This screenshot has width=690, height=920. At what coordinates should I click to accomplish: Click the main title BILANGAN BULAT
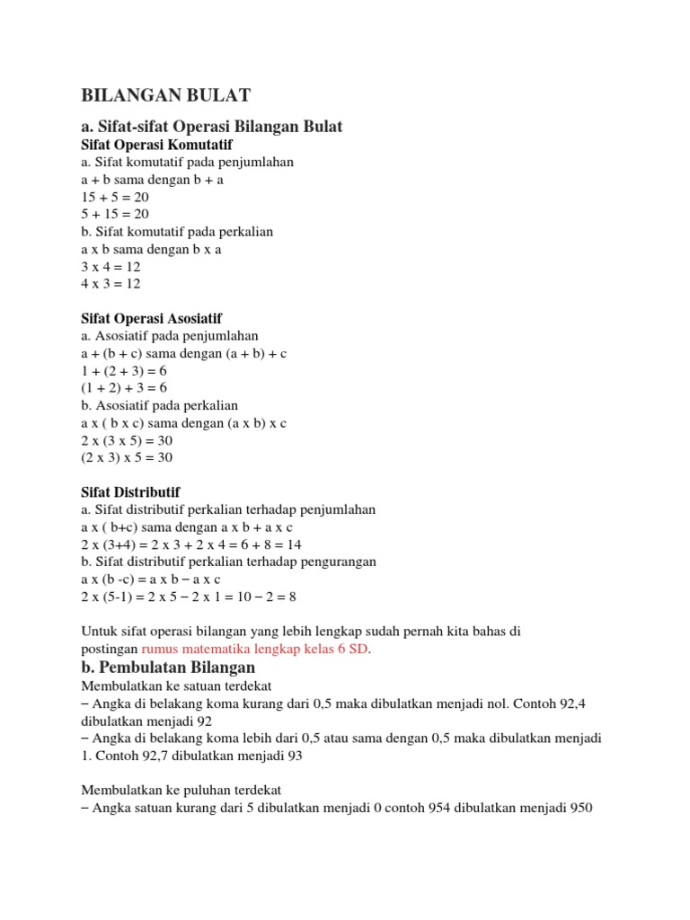[167, 95]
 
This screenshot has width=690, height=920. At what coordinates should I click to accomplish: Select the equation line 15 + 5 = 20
[115, 197]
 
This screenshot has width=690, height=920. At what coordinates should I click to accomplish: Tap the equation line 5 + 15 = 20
[115, 214]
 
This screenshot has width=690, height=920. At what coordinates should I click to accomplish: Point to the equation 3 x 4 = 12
[111, 267]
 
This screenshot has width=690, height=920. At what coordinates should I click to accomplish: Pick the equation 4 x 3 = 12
[111, 284]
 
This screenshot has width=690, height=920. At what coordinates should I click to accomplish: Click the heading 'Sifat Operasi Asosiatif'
[151, 319]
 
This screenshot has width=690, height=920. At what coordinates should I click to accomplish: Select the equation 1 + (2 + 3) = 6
[124, 371]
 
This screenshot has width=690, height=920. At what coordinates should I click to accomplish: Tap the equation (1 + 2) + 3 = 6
[124, 388]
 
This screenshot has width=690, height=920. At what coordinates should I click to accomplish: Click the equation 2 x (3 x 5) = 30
[127, 440]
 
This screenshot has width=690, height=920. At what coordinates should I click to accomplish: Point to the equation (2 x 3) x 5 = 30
[127, 457]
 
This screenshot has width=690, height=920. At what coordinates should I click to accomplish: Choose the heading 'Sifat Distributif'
[130, 492]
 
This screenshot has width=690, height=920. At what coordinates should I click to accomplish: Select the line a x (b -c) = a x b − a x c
[151, 579]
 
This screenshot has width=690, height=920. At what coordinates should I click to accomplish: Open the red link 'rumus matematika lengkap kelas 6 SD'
[255, 649]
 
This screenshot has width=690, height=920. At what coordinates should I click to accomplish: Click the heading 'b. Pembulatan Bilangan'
[168, 668]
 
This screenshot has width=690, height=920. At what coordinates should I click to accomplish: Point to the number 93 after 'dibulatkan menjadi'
[294, 756]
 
